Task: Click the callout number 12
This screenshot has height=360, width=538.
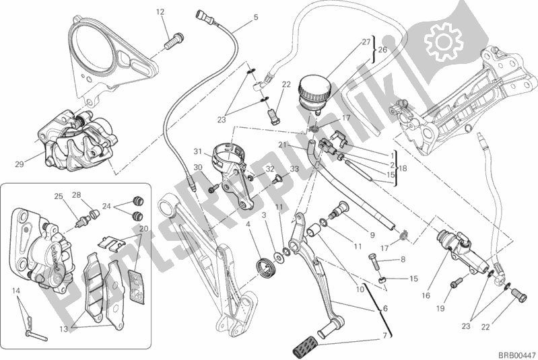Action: point(160,11)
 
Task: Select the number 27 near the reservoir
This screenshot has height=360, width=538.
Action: point(366,42)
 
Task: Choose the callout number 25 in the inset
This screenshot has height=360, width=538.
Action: point(58,196)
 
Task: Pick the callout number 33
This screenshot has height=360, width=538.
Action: point(295,168)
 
